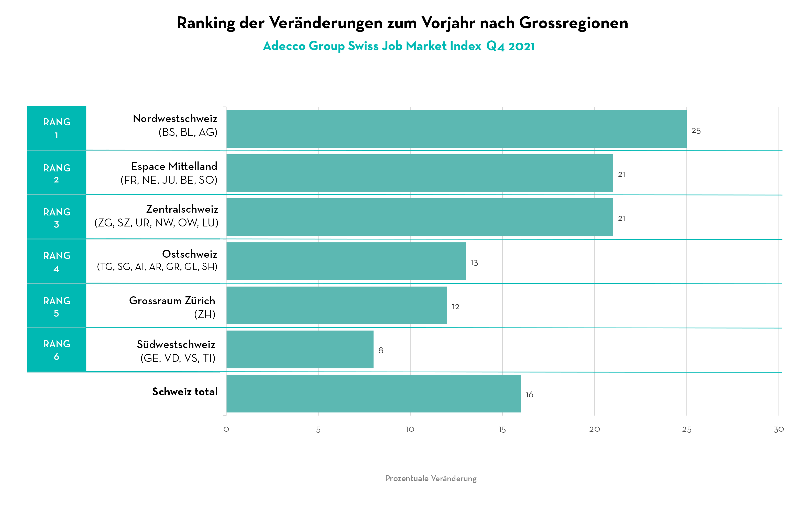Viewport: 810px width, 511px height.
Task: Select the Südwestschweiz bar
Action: pyautogui.click(x=300, y=349)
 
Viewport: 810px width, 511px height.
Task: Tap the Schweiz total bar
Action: pyautogui.click(x=373, y=393)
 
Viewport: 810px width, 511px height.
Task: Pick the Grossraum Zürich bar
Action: pyautogui.click(x=336, y=305)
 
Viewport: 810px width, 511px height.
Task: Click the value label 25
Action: pyautogui.click(x=696, y=131)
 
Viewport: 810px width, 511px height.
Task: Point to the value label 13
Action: pyautogui.click(x=474, y=263)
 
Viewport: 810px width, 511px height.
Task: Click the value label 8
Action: pyautogui.click(x=381, y=351)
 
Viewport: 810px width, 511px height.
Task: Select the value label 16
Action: pyautogui.click(x=529, y=395)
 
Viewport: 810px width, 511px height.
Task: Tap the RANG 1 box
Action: pyautogui.click(x=57, y=128)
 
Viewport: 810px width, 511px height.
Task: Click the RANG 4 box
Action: pyautogui.click(x=57, y=262)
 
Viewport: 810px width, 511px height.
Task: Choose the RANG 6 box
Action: pyautogui.click(x=57, y=350)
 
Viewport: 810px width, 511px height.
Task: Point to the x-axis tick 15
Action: pyautogui.click(x=502, y=430)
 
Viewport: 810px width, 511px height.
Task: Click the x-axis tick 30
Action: pyautogui.click(x=778, y=430)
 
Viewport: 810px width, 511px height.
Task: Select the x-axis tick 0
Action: pyautogui.click(x=226, y=430)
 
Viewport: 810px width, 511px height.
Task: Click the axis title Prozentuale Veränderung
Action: pyautogui.click(x=431, y=478)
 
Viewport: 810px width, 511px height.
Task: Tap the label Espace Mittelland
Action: pyautogui.click(x=174, y=166)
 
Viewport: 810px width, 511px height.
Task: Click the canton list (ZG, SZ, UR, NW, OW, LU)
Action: pyautogui.click(x=156, y=223)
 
